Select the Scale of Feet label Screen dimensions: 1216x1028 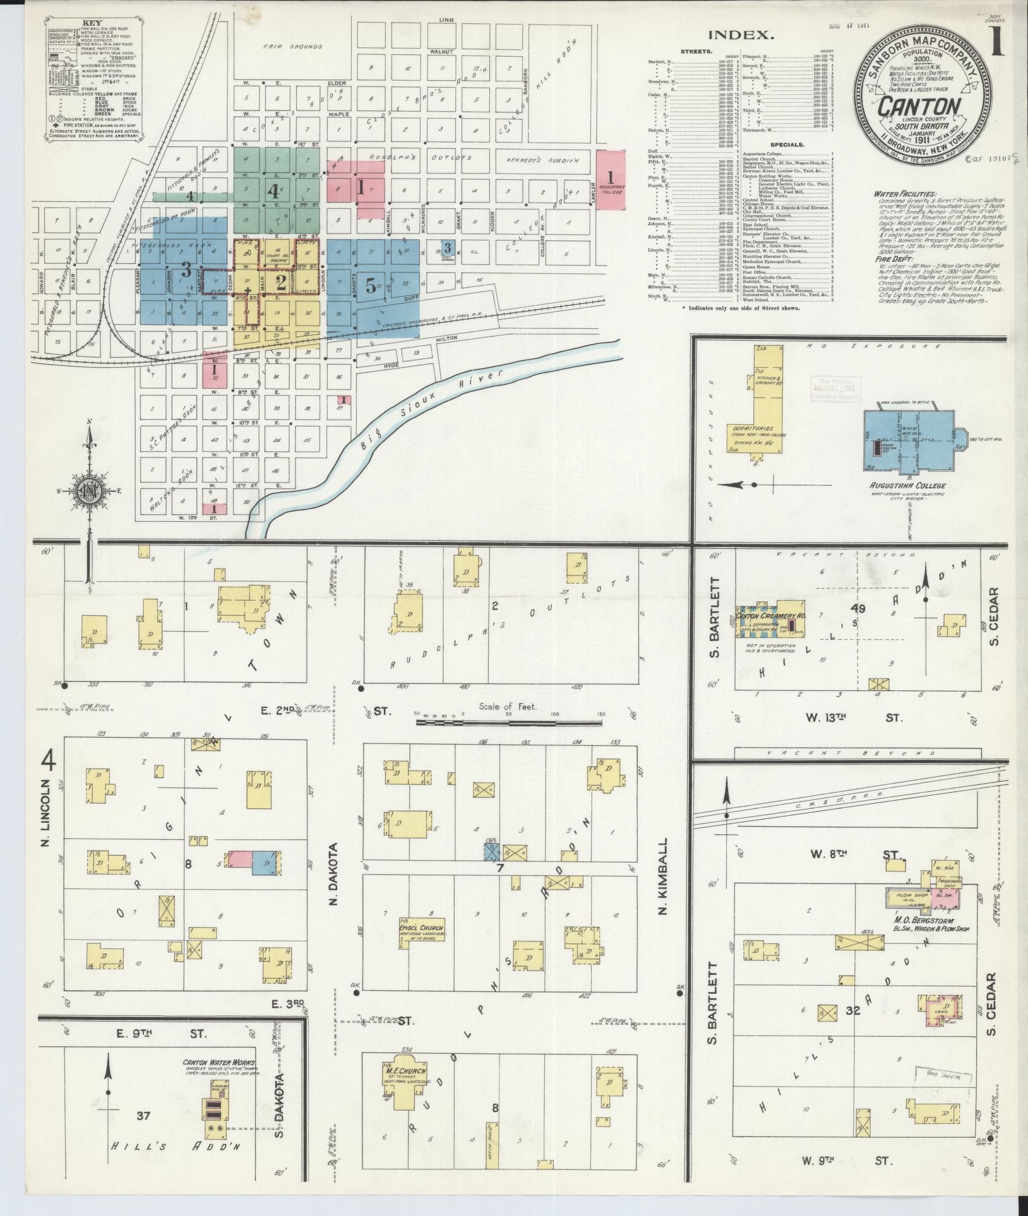(x=508, y=707)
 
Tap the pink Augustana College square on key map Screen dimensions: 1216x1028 (x=610, y=179)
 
